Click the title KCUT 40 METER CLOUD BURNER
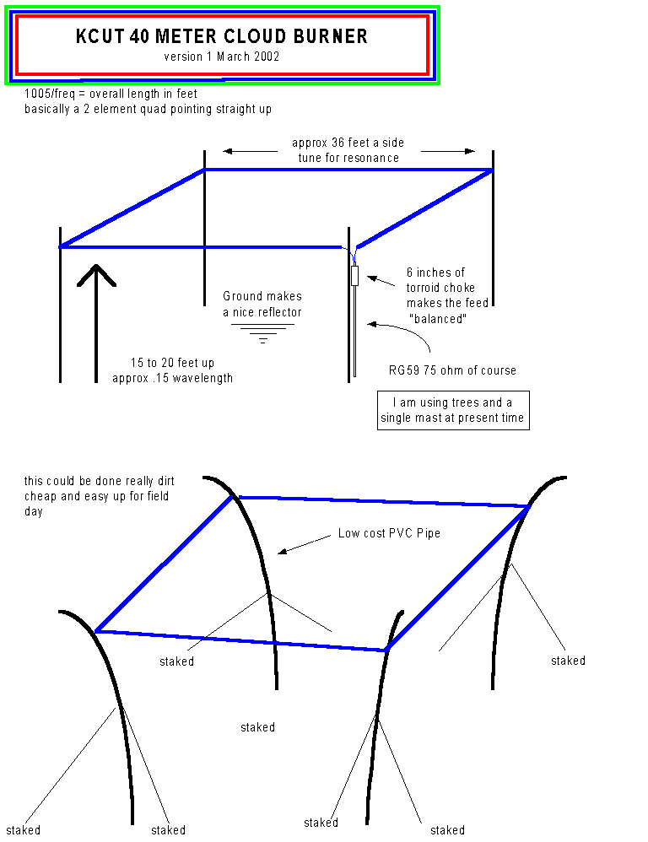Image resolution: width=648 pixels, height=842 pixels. click(x=222, y=36)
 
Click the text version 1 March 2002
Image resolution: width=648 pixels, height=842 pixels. click(x=222, y=57)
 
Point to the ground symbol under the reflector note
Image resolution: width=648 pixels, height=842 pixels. click(x=262, y=332)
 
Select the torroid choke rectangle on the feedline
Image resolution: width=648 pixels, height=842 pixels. click(x=355, y=275)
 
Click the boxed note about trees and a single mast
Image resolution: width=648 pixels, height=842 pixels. click(x=453, y=410)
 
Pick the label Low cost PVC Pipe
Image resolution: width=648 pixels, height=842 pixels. click(x=389, y=533)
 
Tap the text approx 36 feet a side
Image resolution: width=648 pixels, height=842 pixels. click(x=348, y=143)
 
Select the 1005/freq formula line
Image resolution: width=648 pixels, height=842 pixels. click(x=111, y=94)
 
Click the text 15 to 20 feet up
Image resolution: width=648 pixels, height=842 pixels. click(x=172, y=363)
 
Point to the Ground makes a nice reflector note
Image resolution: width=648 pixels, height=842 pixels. click(x=262, y=304)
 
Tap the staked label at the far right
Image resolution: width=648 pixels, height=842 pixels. click(x=568, y=661)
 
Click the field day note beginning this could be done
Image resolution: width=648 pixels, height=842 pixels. click(x=97, y=496)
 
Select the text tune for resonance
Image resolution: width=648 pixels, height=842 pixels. click(x=348, y=158)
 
